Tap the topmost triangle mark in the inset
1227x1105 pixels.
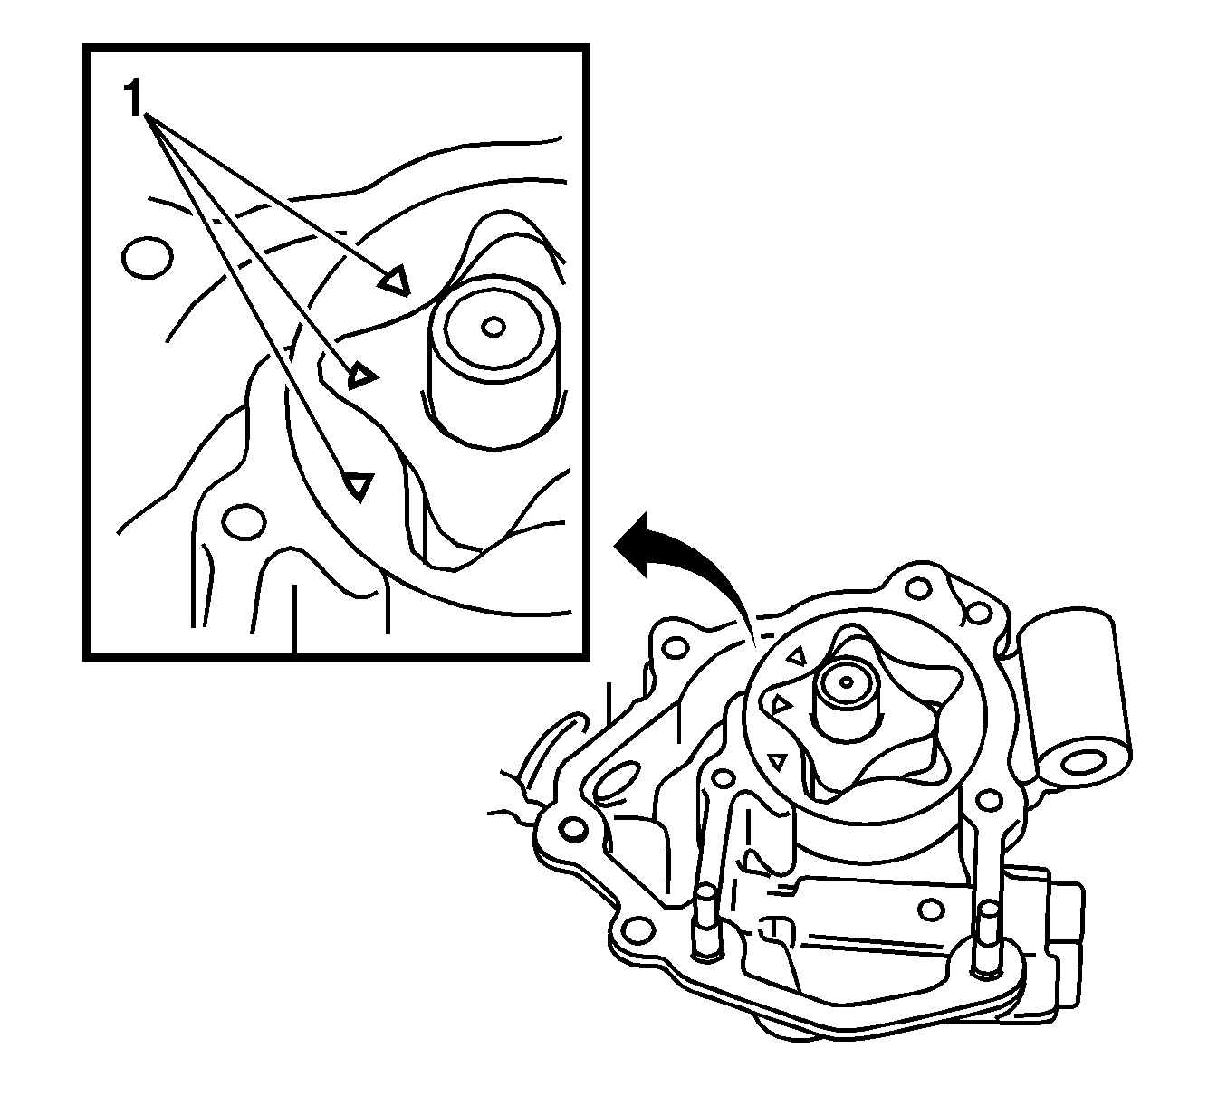[396, 282]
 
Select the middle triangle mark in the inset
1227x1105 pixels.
[364, 374]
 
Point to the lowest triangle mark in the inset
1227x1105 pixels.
[359, 485]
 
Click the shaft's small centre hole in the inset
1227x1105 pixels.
[493, 325]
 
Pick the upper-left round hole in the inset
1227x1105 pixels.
[147, 257]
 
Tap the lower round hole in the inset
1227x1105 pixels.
[244, 521]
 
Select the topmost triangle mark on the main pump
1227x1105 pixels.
[797, 656]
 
